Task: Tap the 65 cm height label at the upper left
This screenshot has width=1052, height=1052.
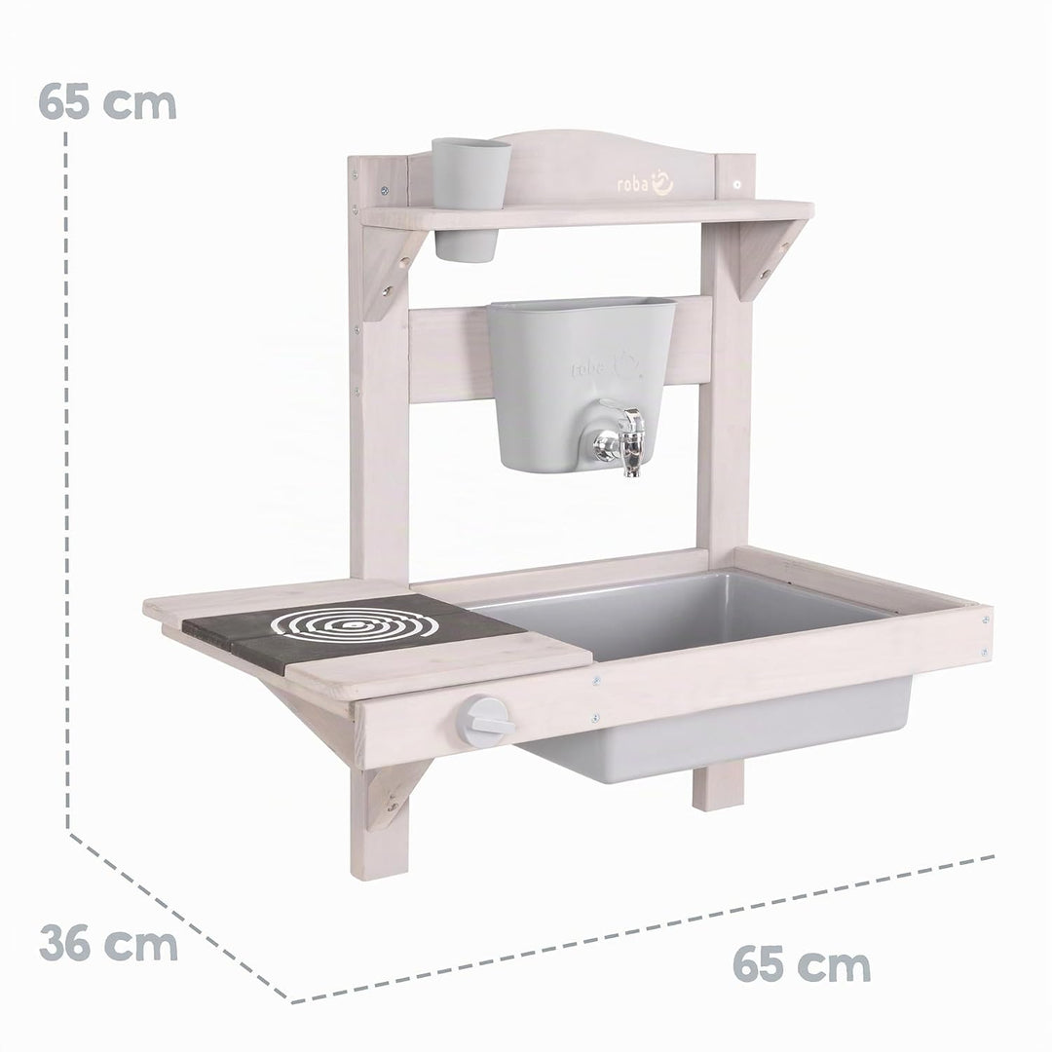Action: [107, 102]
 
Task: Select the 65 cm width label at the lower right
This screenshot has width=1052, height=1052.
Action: [802, 964]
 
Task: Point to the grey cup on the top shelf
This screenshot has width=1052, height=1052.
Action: [470, 199]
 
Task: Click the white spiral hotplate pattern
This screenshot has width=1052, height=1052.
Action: [355, 624]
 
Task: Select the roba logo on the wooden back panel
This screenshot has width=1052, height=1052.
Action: [645, 183]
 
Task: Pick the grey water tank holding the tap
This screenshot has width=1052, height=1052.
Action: [581, 385]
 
